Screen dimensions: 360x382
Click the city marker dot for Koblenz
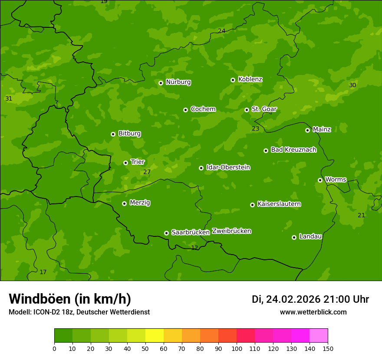[x=233, y=80]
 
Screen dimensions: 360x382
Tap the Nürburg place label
[x=178, y=82]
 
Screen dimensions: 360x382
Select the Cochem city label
[x=203, y=109]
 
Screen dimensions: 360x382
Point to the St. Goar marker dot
[x=247, y=110]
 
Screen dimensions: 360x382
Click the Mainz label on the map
[x=322, y=129]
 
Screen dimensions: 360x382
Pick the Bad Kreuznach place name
[x=293, y=150]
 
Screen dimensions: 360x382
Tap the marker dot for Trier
[x=125, y=163]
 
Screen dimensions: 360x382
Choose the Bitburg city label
[x=129, y=134]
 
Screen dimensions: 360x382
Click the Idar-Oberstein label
[x=228, y=167]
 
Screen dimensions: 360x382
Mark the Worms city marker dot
[x=320, y=180]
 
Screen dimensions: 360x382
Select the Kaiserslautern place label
[x=279, y=204]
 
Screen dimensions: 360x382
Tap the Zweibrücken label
[x=231, y=231]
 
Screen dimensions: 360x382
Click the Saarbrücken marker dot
[x=166, y=233]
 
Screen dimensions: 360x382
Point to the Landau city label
[x=310, y=236]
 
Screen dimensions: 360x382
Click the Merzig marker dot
[x=124, y=203]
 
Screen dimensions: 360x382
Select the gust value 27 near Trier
[x=147, y=172]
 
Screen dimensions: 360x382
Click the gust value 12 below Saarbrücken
[x=194, y=248]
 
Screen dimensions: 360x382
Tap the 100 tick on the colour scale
[x=237, y=348]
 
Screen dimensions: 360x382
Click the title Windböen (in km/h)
[x=70, y=299]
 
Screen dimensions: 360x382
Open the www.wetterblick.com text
[x=313, y=312]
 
